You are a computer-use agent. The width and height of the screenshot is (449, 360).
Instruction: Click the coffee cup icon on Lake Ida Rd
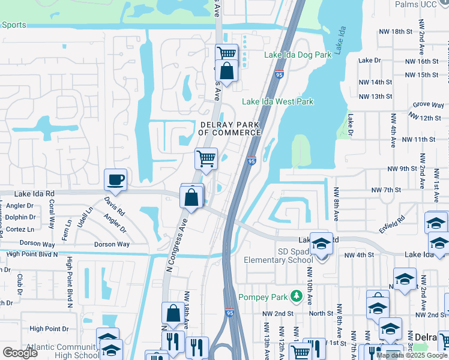115,179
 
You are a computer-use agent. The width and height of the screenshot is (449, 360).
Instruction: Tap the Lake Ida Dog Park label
298,55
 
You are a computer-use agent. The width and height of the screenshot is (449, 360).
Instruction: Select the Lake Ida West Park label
277,102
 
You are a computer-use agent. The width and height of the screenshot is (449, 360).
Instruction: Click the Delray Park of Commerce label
230,128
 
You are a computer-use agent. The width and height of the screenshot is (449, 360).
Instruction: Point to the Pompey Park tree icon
295,296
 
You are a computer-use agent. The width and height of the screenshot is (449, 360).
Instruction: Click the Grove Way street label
428,104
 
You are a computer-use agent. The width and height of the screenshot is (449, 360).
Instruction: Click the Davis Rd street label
114,208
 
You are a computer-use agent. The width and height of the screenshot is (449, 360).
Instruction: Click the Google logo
20,353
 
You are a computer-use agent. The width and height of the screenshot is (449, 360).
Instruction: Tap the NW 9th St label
402,169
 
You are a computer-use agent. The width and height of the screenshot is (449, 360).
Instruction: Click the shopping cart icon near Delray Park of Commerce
206,160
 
